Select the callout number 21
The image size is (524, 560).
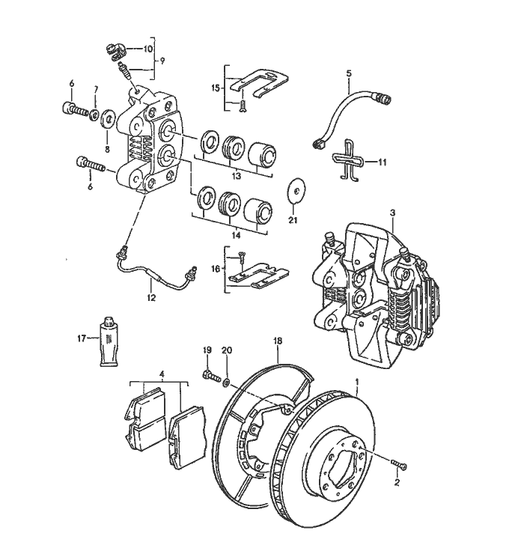click(293, 220)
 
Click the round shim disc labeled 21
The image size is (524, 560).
click(297, 190)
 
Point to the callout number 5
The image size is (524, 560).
click(348, 73)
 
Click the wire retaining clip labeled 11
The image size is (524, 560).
click(346, 159)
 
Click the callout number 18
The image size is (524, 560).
click(278, 341)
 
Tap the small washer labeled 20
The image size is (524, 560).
click(226, 382)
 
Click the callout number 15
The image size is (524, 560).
click(216, 88)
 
